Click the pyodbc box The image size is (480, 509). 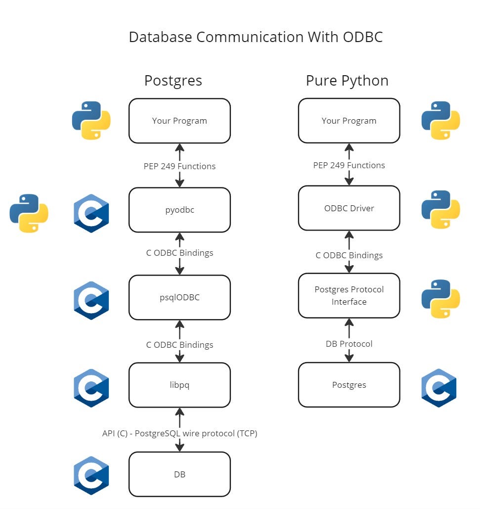click(179, 210)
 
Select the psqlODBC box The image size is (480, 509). click(179, 297)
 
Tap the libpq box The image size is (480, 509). click(179, 385)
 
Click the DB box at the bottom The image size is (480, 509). click(179, 474)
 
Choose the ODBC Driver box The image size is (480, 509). click(349, 208)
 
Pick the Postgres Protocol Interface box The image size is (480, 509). click(349, 296)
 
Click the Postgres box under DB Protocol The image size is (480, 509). click(349, 385)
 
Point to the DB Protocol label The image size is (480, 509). click(349, 344)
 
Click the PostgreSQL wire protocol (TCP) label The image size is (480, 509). click(196, 433)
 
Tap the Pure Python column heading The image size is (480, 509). click(347, 81)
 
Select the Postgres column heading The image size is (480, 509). click(173, 81)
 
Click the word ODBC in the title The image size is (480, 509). click(363, 37)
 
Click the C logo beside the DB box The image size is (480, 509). click(91, 475)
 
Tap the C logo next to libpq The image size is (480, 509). click(91, 388)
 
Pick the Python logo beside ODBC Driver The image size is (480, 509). click(440, 210)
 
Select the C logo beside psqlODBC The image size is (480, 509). click(91, 301)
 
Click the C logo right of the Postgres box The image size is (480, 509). click(439, 388)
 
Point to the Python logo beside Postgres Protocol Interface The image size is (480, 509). click(440, 299)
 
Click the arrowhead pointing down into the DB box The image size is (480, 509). click(179, 447)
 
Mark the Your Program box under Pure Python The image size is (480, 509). click(349, 121)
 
